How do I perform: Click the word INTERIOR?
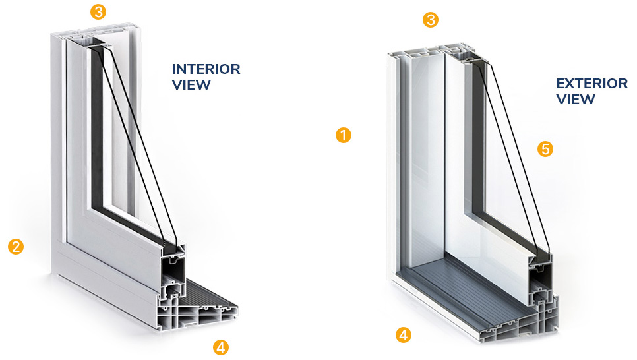tap(206, 69)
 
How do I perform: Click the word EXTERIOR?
tap(592, 84)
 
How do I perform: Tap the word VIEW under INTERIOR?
tap(191, 85)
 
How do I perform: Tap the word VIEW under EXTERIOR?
tap(576, 99)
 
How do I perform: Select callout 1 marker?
tap(344, 135)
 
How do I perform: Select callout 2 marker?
tap(16, 246)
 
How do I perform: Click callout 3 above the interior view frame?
tap(98, 11)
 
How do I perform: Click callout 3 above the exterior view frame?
tap(431, 20)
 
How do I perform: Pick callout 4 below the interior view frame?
tap(221, 347)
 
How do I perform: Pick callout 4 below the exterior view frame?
tap(404, 335)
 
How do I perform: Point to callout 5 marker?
tap(545, 149)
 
